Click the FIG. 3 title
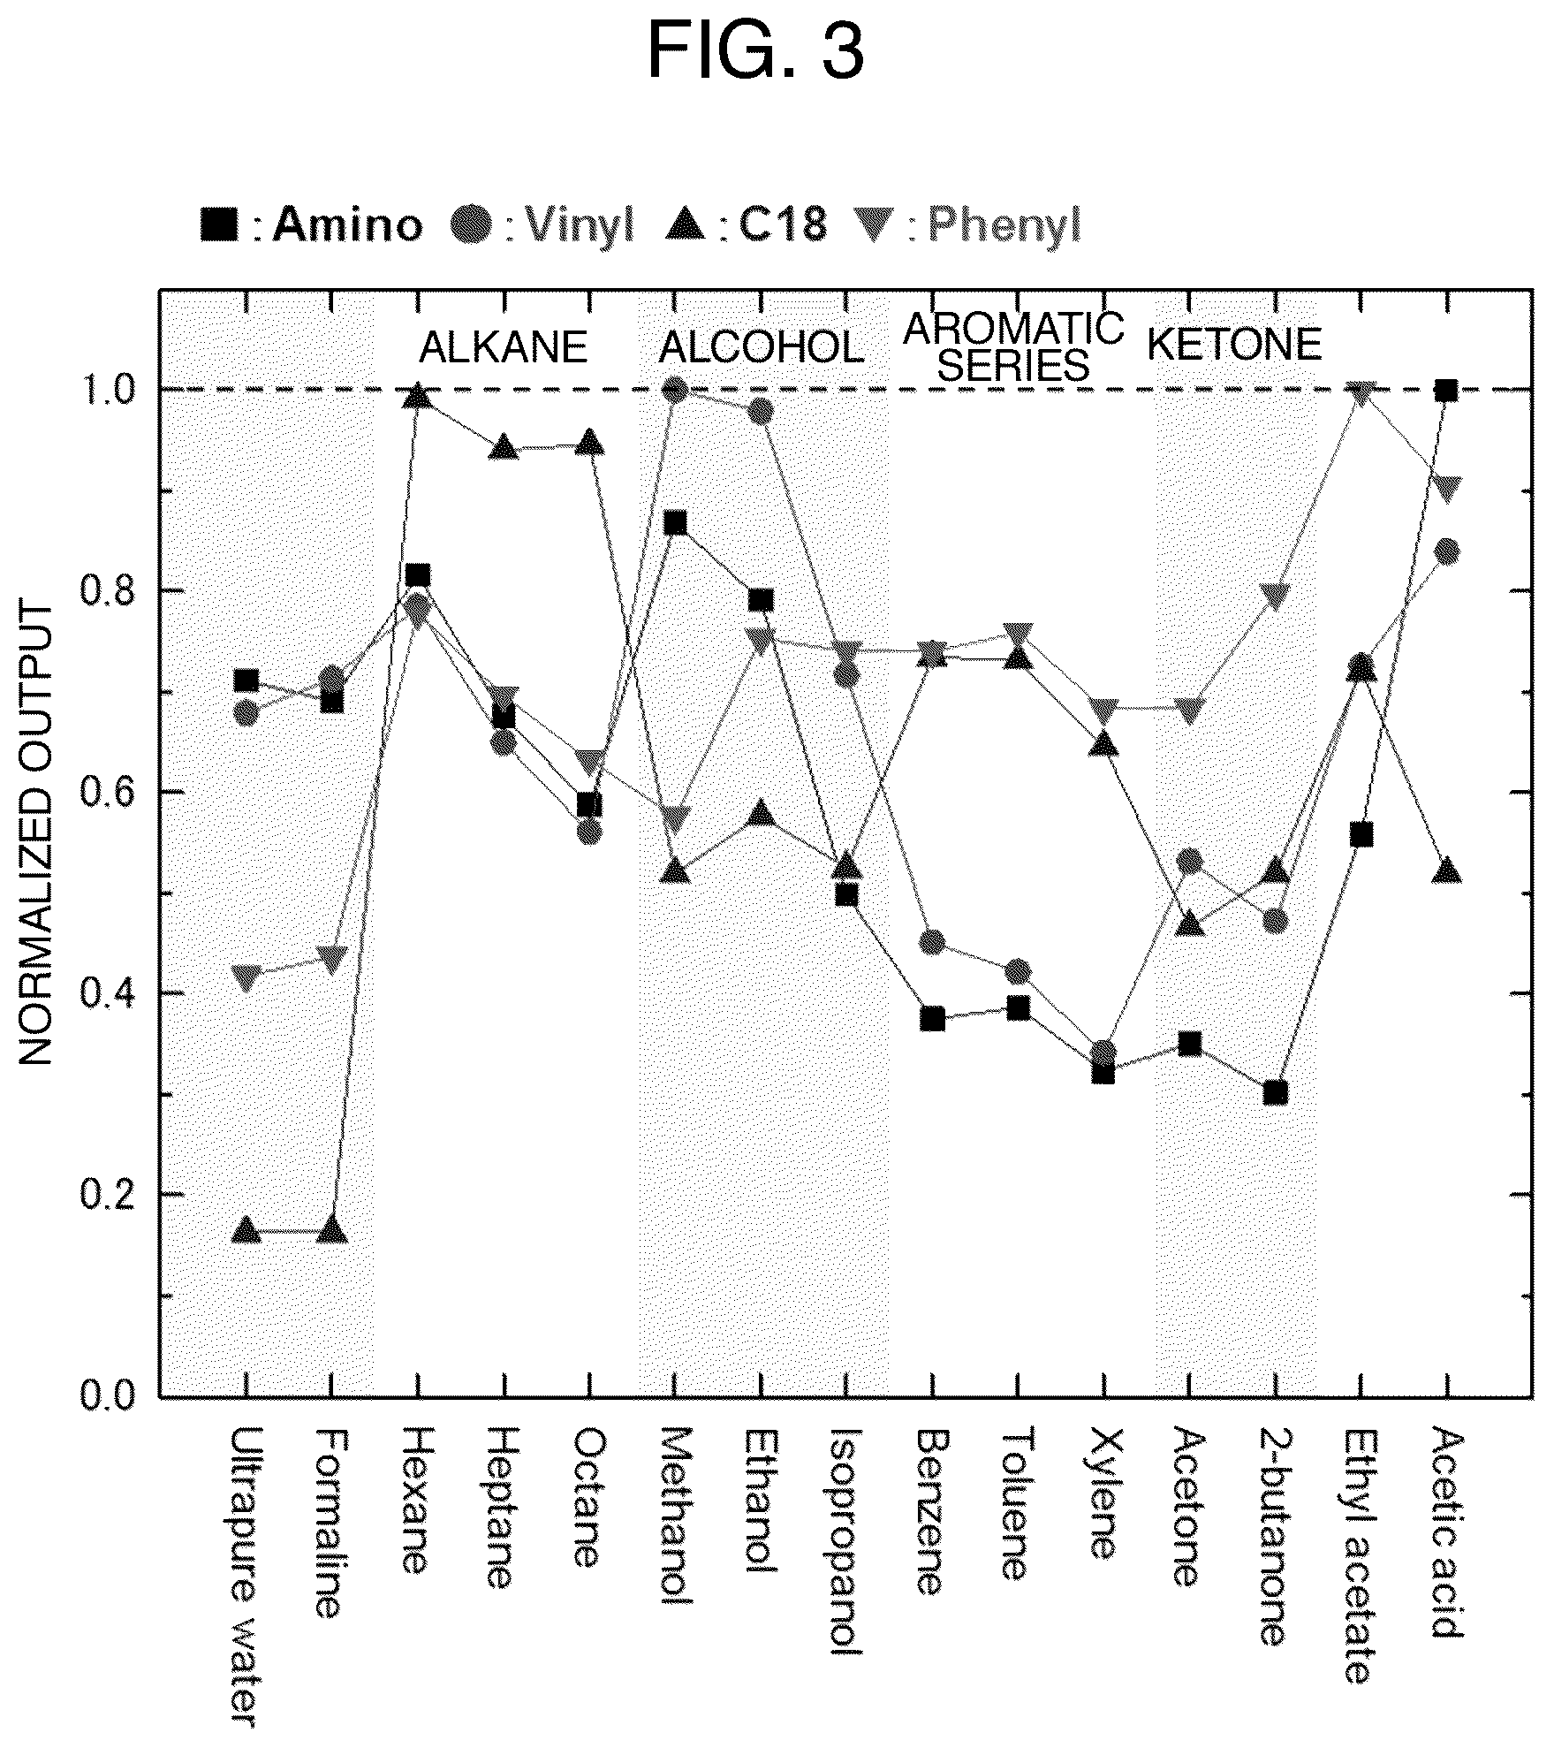[755, 51]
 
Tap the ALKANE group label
[503, 347]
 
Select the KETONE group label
[1234, 345]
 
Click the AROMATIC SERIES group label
[1013, 347]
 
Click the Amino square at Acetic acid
[1445, 390]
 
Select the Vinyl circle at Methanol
[675, 390]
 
